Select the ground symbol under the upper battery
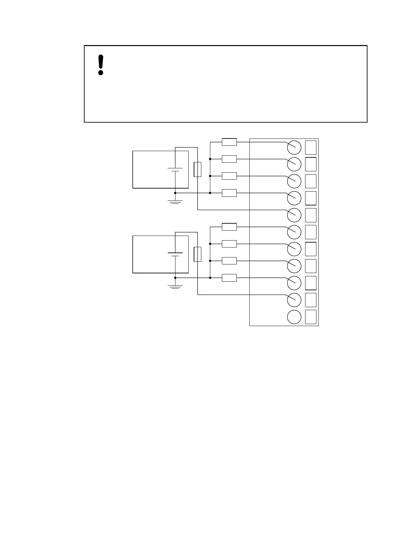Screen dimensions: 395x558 [175, 201]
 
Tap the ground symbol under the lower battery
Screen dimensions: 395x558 [175, 286]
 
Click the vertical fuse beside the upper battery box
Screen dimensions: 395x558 [197, 169]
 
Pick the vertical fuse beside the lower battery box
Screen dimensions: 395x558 [197, 254]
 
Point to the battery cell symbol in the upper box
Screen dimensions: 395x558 [175, 170]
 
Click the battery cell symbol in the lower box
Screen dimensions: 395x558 [175, 254]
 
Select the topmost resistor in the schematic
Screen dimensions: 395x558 [229, 142]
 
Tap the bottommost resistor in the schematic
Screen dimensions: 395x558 [229, 278]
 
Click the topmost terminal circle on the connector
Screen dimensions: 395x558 [294, 147]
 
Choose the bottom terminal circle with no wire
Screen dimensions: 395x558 [294, 317]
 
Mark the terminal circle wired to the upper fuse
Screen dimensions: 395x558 [294, 215]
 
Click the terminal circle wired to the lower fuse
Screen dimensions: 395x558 [294, 300]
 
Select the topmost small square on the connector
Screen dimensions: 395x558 [311, 147]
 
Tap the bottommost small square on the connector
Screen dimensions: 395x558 [311, 317]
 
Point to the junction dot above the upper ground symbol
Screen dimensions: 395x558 [175, 193]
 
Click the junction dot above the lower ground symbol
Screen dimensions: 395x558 [175, 278]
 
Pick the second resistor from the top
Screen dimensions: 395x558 [229, 159]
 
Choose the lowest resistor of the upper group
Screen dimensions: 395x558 [229, 193]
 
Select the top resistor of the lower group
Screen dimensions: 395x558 [229, 227]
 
